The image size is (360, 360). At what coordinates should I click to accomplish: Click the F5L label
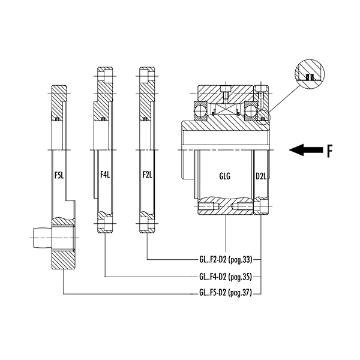(x=59, y=176)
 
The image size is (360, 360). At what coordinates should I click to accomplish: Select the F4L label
(x=104, y=176)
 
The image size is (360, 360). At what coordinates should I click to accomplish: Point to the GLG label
(x=225, y=176)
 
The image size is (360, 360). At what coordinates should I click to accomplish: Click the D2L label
(x=261, y=176)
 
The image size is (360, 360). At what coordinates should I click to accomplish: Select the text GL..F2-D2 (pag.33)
(x=226, y=260)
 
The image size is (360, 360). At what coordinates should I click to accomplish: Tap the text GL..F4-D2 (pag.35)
(x=226, y=277)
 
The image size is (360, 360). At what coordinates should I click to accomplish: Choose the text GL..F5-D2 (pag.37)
(x=226, y=294)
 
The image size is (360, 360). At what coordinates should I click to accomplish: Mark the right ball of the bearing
(x=251, y=110)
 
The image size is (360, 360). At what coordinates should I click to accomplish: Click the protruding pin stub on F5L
(x=40, y=239)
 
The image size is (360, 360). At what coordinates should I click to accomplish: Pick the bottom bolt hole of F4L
(x=104, y=226)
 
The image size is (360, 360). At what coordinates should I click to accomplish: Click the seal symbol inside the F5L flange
(x=58, y=119)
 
